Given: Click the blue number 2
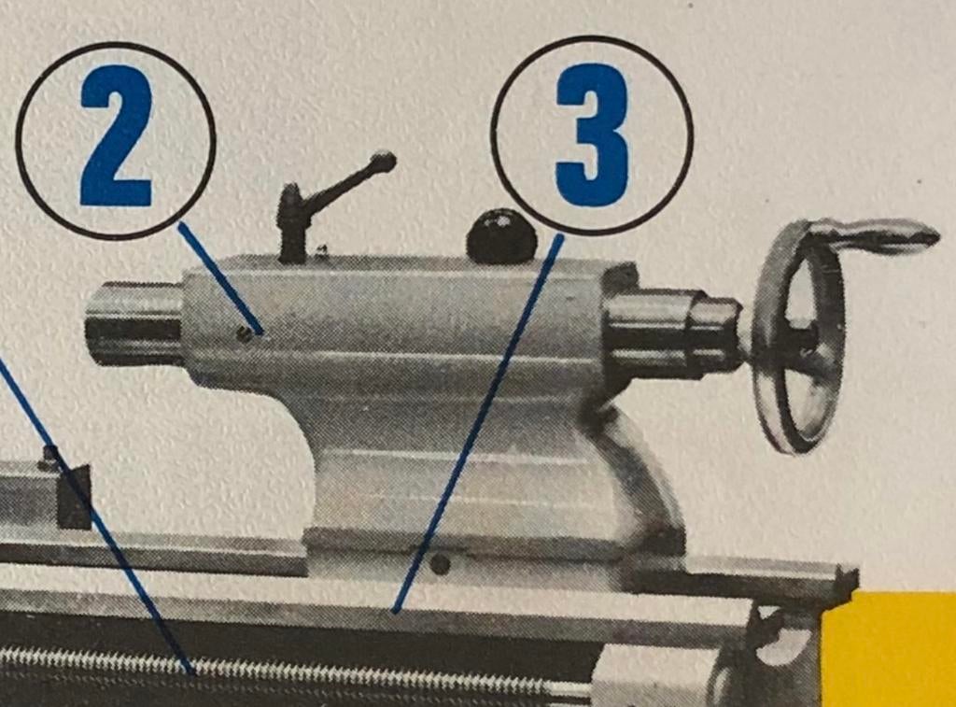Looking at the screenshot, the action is (116, 135).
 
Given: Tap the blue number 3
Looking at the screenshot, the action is (591, 134).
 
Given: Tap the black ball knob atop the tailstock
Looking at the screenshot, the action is (501, 236).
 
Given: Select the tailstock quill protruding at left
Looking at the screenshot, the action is (134, 323).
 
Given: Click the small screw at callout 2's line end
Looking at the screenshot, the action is (244, 333).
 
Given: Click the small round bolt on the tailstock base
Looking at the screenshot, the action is (440, 565).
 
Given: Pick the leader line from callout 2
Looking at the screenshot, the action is (220, 278).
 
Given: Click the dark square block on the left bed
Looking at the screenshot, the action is (75, 497).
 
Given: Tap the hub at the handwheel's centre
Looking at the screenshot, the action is (804, 337).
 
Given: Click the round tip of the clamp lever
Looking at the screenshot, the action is (383, 163).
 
